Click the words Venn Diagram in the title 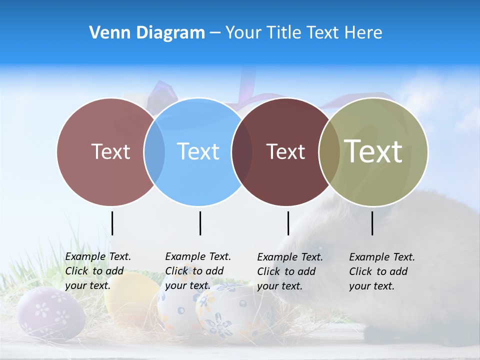tap(147, 33)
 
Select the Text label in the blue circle tap(198, 151)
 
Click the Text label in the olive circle tap(373, 151)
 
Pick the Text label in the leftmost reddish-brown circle tap(110, 151)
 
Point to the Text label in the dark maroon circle tap(285, 151)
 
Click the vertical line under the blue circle tap(200, 223)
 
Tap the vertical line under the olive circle tap(372, 223)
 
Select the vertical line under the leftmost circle tap(112, 223)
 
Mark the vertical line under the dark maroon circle tap(288, 223)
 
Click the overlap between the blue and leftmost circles tap(154, 151)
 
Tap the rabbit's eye tap(320, 248)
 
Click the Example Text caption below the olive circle tap(381, 271)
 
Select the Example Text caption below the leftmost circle tap(97, 271)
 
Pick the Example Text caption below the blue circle tap(197, 271)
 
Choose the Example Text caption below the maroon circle tap(289, 271)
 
